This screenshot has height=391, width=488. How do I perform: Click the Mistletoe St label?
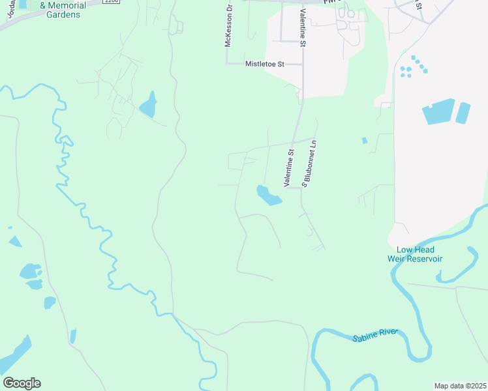(x=265, y=64)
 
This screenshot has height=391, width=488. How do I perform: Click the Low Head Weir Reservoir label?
(x=419, y=254)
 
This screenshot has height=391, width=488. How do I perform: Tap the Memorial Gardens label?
(x=63, y=10)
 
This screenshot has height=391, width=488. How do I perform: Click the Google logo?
(x=22, y=383)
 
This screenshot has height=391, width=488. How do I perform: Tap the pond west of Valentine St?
(x=268, y=195)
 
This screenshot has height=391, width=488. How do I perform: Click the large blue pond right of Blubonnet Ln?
(x=438, y=111)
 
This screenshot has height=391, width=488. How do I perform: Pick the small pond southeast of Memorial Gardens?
(x=148, y=104)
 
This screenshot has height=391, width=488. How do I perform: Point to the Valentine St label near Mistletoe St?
(x=302, y=28)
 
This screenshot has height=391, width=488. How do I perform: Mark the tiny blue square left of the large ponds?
(x=364, y=140)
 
